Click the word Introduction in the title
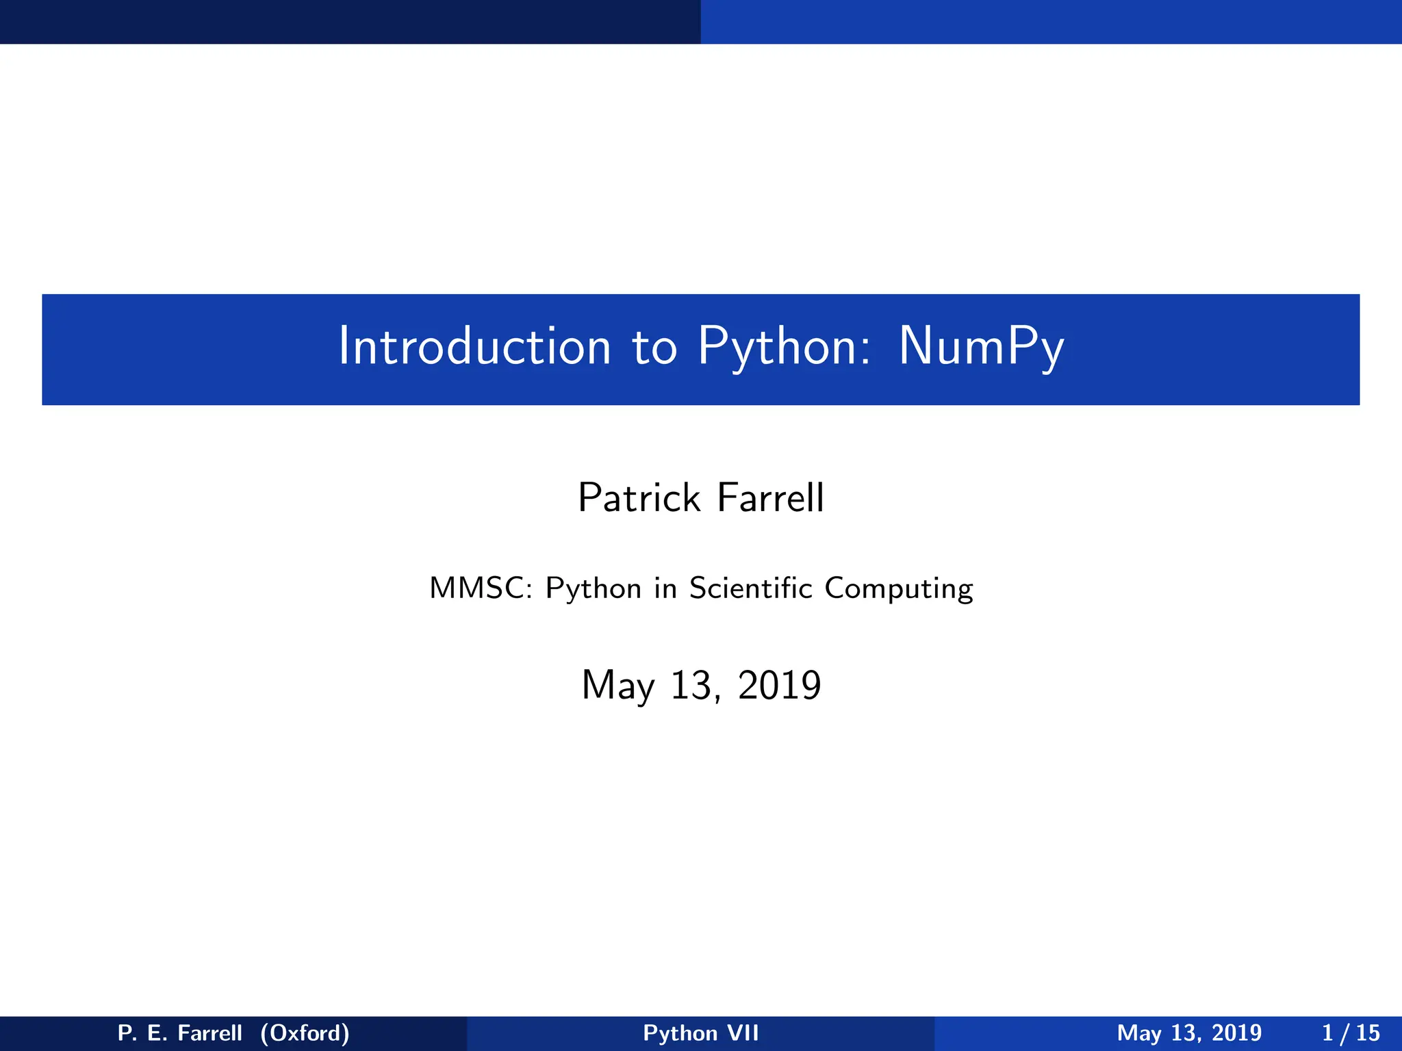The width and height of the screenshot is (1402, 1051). tap(474, 346)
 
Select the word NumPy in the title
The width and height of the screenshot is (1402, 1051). tap(981, 348)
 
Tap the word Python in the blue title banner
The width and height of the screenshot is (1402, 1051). tap(785, 348)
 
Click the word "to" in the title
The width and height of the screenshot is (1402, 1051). tap(654, 348)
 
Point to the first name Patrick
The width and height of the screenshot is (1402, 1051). tap(639, 497)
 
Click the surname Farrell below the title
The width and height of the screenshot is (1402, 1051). tap(770, 497)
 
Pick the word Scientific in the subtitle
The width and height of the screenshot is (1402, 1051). tap(750, 588)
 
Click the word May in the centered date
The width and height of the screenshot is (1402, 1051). tap(617, 686)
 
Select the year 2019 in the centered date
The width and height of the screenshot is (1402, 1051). tap(780, 685)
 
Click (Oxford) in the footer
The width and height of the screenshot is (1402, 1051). tap(305, 1033)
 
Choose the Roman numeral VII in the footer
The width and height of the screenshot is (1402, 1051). tap(743, 1033)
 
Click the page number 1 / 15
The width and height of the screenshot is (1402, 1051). tap(1351, 1033)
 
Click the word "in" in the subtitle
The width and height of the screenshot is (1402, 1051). tap(665, 588)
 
